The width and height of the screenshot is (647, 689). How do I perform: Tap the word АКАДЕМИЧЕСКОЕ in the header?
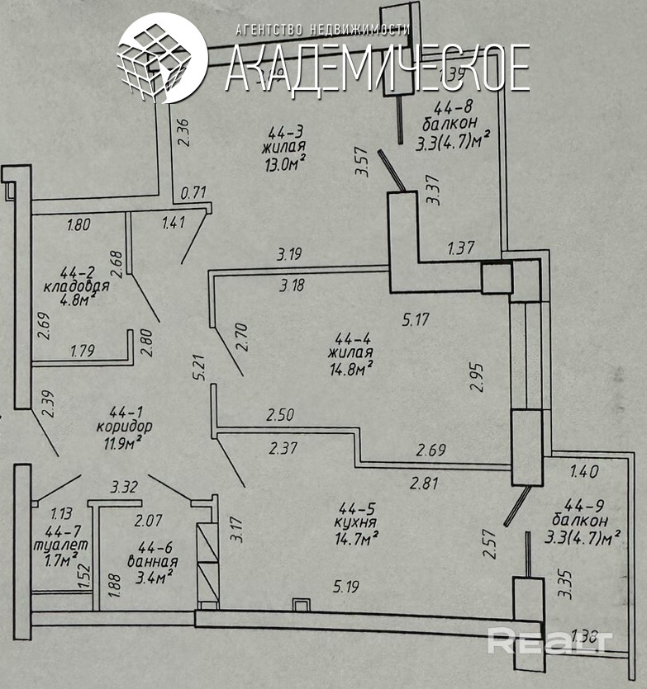coord(377,68)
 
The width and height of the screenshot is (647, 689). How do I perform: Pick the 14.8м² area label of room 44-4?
coord(346,367)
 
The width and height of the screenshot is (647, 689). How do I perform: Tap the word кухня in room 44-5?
coord(357,522)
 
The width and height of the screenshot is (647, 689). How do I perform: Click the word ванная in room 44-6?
coord(151,560)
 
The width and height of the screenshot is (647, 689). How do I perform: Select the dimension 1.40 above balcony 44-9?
coord(585,472)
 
